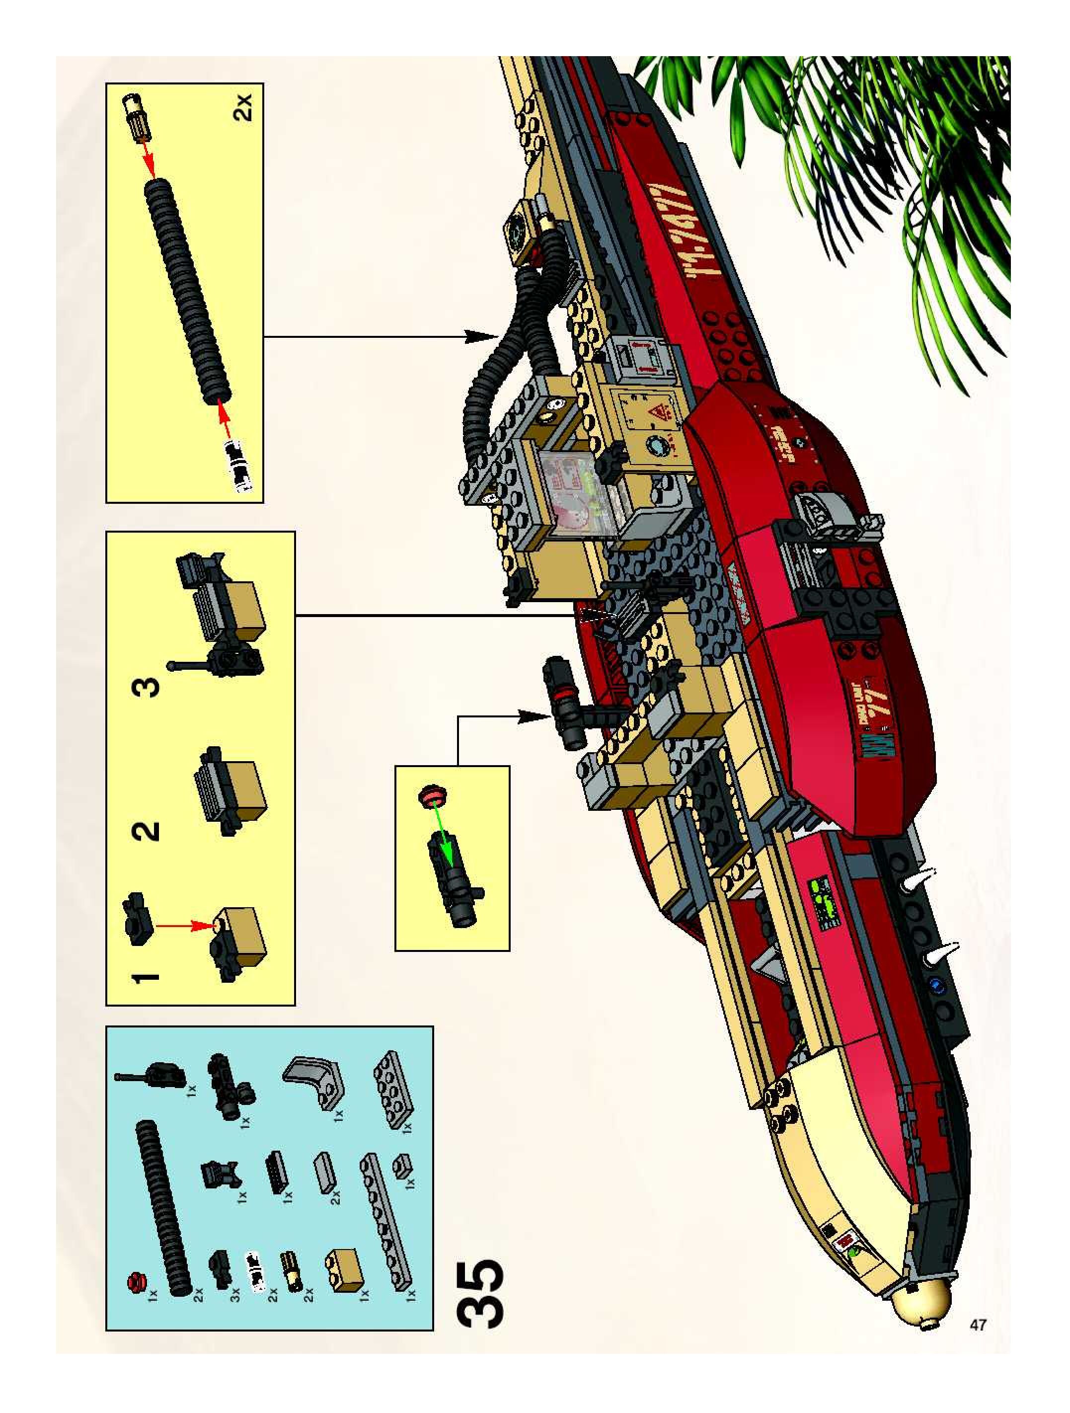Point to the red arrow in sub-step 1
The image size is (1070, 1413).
pyautogui.click(x=182, y=924)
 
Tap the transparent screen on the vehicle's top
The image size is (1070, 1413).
pyautogui.click(x=565, y=485)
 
